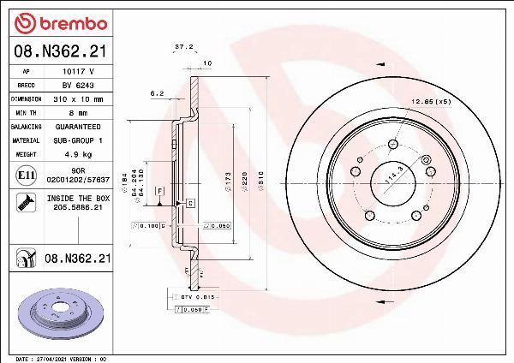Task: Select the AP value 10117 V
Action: point(78,73)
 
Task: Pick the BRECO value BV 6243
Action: point(78,86)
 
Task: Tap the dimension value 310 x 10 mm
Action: point(78,99)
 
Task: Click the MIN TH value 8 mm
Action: point(78,112)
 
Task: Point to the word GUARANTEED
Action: point(78,126)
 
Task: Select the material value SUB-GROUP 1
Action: point(78,139)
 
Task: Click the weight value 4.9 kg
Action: point(78,154)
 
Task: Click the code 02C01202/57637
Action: point(78,180)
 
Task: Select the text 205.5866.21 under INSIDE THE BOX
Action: point(78,207)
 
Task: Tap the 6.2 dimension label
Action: point(157,92)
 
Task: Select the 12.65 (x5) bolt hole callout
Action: point(432,101)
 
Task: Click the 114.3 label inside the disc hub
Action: point(397,176)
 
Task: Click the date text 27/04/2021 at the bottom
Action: point(50,358)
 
